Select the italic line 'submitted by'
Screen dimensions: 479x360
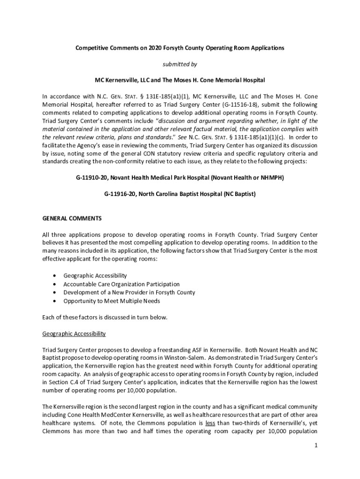click(x=180, y=64)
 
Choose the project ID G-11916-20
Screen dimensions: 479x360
click(x=122, y=193)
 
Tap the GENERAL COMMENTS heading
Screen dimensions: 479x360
click(x=72, y=218)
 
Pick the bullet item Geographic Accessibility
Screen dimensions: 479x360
click(x=95, y=276)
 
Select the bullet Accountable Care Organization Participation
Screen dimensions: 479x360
click(x=121, y=284)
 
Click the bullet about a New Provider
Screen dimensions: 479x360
click(x=129, y=292)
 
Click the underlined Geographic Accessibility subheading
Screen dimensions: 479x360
click(x=74, y=334)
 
